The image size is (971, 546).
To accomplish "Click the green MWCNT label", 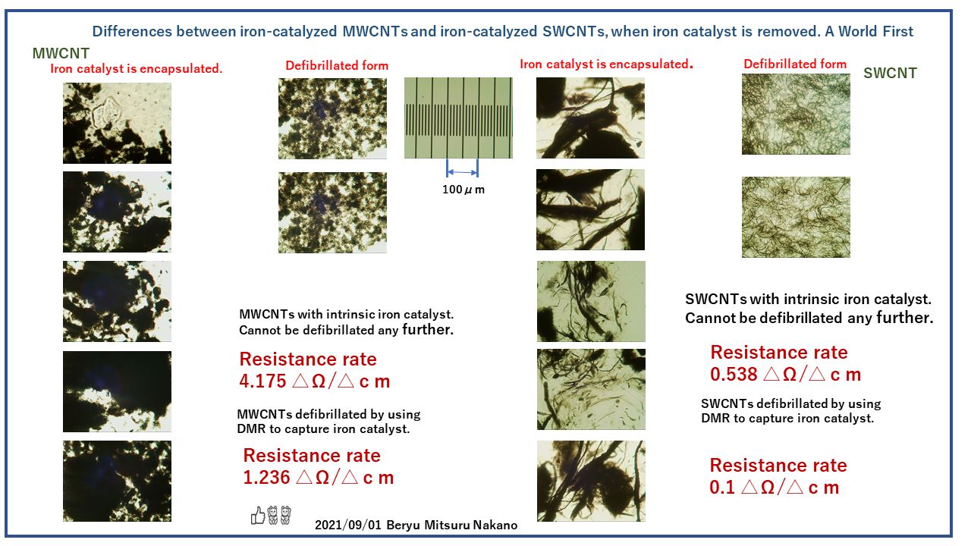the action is (61, 53).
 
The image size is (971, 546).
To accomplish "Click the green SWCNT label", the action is (890, 73).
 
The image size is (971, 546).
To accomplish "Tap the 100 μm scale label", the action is (464, 190).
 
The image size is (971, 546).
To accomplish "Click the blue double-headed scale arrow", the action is (462, 172).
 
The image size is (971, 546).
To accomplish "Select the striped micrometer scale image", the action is (459, 118).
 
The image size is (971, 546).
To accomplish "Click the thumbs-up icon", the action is (258, 516).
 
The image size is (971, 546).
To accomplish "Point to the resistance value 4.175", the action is (262, 381).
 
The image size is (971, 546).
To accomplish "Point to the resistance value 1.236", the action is (266, 478).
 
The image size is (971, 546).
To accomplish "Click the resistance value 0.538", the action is (734, 375).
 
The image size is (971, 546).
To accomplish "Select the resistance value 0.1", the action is (722, 488).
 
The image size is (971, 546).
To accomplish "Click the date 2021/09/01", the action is (348, 526).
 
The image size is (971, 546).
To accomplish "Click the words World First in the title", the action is (875, 31).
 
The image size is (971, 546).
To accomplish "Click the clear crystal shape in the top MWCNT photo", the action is (105, 114).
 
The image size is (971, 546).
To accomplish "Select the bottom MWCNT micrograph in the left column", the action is (117, 481).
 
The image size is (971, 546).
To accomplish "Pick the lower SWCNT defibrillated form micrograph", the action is (796, 217).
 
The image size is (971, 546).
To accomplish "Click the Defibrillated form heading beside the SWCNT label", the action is (795, 64).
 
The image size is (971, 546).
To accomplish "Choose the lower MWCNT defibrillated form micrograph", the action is (332, 213).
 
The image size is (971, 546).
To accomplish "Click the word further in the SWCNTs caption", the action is (905, 318).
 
